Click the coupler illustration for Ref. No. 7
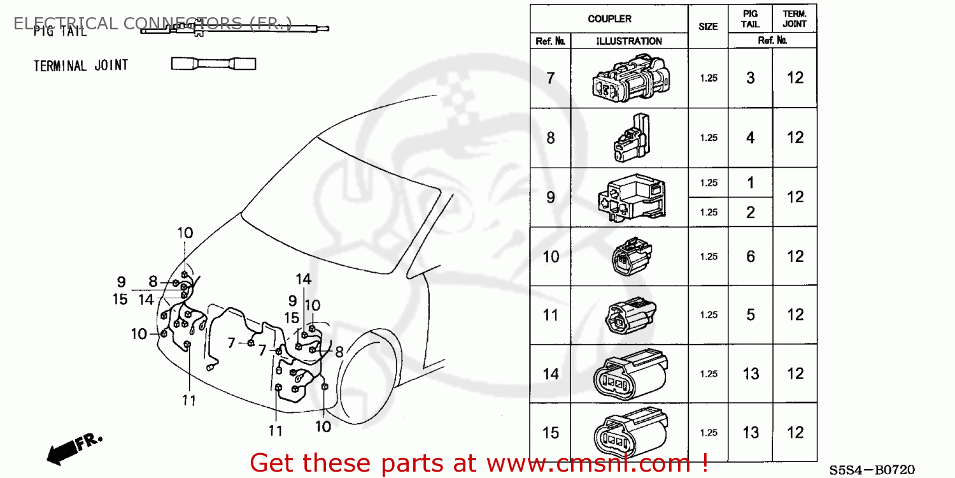point(629,78)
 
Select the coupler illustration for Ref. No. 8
point(630,137)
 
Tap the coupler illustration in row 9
point(630,197)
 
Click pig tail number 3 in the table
point(751,78)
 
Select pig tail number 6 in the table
point(751,256)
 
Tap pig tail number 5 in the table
point(751,315)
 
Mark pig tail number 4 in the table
point(751,137)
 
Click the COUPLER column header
point(609,18)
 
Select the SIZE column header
point(708,26)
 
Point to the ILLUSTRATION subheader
point(629,41)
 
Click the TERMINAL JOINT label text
point(81,65)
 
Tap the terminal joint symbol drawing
point(213,64)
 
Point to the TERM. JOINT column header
point(795,18)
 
